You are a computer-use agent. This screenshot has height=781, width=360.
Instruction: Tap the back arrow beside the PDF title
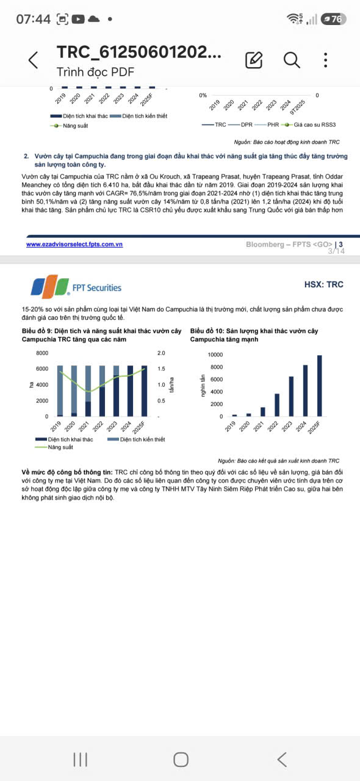click(x=33, y=60)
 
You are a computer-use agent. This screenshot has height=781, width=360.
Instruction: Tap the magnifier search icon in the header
click(x=292, y=60)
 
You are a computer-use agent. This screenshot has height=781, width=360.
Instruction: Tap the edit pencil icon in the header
click(x=254, y=60)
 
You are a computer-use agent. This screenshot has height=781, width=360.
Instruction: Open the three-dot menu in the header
click(x=325, y=60)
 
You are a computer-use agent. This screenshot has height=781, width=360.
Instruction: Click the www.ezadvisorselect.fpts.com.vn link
click(x=74, y=245)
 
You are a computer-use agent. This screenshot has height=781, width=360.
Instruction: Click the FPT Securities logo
click(x=76, y=287)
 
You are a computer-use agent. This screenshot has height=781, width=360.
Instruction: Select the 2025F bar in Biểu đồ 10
click(x=320, y=386)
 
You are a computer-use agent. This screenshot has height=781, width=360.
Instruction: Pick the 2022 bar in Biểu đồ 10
click(x=277, y=405)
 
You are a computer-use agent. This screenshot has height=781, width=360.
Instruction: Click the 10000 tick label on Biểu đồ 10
click(x=215, y=355)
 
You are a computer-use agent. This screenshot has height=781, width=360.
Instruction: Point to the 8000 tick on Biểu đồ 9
click(x=42, y=353)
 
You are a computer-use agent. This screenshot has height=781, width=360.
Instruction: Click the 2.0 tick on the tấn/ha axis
click(x=161, y=353)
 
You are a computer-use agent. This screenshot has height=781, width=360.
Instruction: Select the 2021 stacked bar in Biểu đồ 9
click(x=88, y=391)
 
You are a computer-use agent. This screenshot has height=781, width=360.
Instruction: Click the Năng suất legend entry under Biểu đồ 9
click(x=54, y=447)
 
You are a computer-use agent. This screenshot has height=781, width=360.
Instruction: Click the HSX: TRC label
click(x=324, y=284)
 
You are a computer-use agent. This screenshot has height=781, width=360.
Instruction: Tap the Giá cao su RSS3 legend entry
click(x=308, y=124)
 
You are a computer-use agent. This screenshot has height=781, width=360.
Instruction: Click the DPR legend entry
click(x=240, y=124)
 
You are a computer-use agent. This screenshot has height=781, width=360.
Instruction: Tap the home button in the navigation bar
click(x=181, y=759)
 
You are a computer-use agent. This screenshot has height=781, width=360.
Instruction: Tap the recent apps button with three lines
click(x=81, y=759)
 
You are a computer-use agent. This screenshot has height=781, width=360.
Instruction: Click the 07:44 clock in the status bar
click(x=34, y=19)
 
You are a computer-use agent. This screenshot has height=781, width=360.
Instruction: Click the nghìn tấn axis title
click(x=203, y=386)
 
